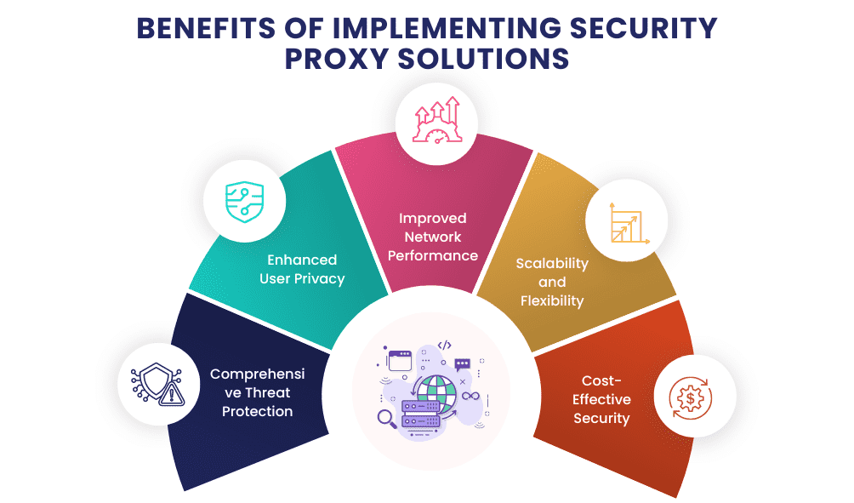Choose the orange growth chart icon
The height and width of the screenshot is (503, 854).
pyautogui.click(x=627, y=223)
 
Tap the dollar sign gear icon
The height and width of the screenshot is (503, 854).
pyautogui.click(x=690, y=396)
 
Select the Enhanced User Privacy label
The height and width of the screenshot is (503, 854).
pyautogui.click(x=302, y=269)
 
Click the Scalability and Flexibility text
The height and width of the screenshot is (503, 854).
pyautogui.click(x=552, y=282)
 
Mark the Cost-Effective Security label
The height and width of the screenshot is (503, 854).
pyautogui.click(x=602, y=399)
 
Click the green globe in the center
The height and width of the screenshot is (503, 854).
pyautogui.click(x=442, y=382)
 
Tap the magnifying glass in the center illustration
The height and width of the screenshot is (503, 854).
pyautogui.click(x=384, y=417)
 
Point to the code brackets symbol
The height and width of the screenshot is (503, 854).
pyautogui.click(x=444, y=346)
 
